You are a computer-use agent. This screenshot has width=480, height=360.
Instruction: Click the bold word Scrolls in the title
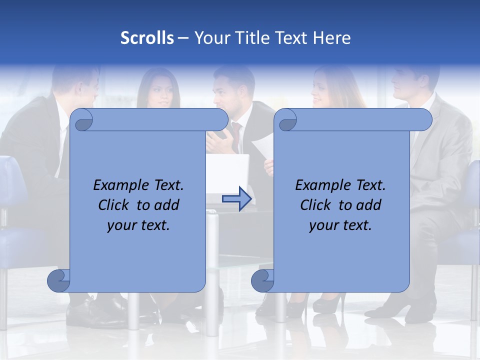tap(147, 38)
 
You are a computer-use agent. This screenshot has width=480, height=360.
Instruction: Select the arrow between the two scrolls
tap(236, 199)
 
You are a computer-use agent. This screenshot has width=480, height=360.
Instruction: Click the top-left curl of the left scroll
tap(82, 120)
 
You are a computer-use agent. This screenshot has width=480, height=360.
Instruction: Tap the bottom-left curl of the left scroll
tap(58, 281)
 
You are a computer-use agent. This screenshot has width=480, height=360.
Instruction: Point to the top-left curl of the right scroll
tap(286, 120)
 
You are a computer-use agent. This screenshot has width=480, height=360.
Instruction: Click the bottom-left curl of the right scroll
tap(262, 281)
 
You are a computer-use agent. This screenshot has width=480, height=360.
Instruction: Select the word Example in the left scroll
tap(119, 185)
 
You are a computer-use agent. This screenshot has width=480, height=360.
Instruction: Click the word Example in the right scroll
tap(321, 185)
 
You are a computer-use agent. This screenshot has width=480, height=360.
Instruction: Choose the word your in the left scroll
tap(121, 226)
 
